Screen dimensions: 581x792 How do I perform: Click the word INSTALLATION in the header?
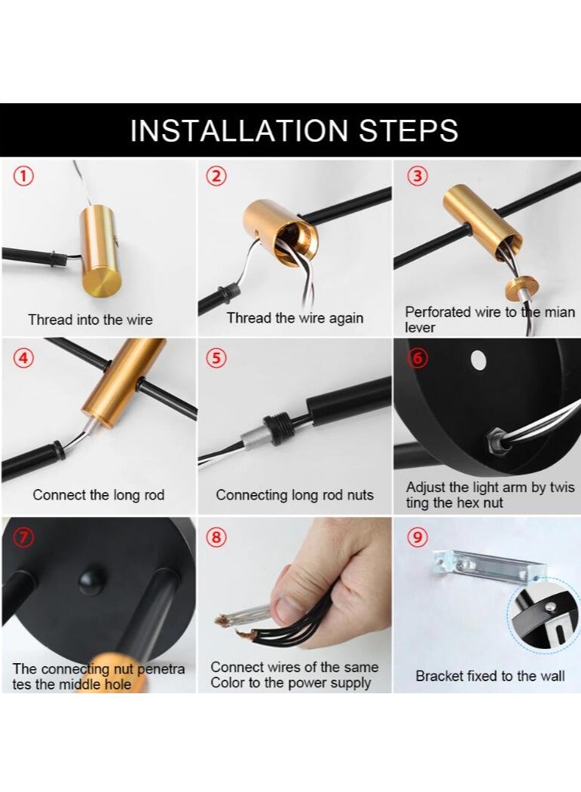239,130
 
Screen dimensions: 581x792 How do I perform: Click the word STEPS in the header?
408,130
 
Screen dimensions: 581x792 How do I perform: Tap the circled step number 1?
24,176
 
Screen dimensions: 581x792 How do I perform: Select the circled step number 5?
216,358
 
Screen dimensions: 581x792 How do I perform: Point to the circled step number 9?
417,537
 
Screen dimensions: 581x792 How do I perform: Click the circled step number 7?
24,537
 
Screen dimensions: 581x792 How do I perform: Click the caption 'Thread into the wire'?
90,320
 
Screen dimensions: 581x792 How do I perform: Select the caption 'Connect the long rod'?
99,495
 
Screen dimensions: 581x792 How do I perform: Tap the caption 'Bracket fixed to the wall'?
490,676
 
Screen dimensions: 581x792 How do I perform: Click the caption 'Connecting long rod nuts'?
295,495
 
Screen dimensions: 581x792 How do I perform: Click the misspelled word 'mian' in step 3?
559,312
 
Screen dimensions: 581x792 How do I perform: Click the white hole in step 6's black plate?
478,359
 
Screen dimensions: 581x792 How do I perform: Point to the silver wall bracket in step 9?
488,566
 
